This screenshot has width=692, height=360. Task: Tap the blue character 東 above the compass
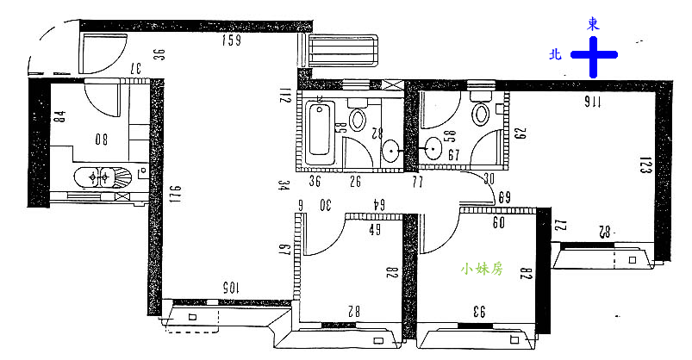(x=593, y=24)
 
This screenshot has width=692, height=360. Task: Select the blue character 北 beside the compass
(x=557, y=53)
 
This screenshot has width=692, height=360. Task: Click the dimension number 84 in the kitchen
(x=59, y=116)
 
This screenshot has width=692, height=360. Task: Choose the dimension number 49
(x=375, y=229)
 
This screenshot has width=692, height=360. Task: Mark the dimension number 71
(x=418, y=183)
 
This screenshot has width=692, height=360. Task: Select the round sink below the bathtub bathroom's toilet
(x=392, y=152)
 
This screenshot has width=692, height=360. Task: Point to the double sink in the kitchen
(x=103, y=178)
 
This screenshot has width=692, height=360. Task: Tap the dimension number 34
(x=282, y=183)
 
